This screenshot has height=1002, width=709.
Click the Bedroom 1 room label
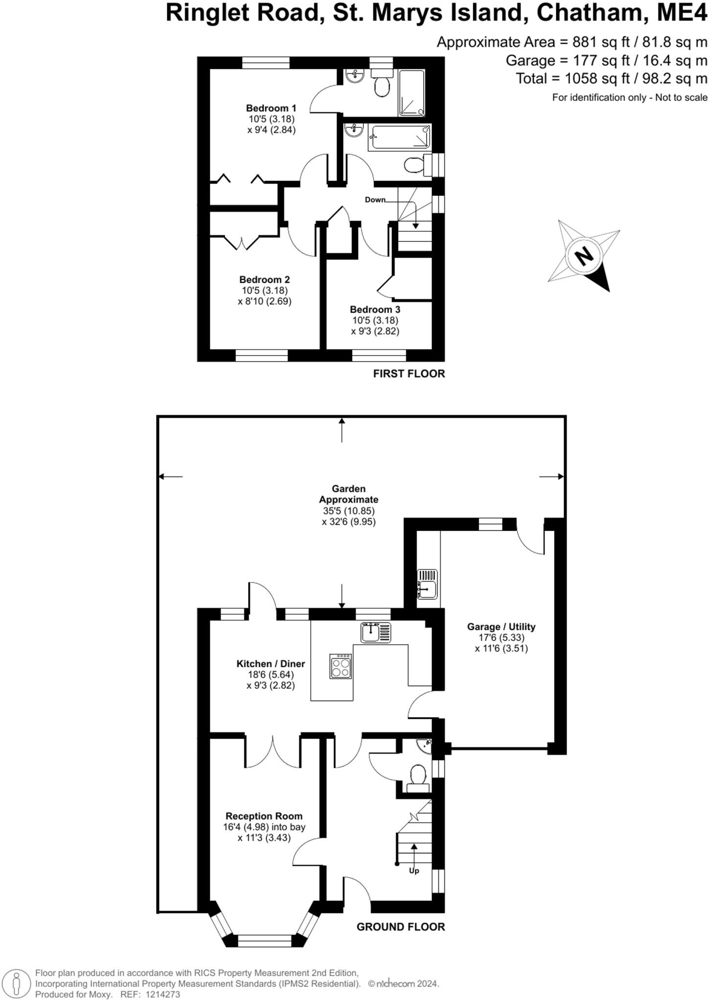pos(271,108)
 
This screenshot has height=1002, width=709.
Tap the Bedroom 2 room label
pos(264,280)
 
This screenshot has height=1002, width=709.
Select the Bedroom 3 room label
pos(375,310)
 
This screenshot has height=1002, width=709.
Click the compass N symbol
pos(583,256)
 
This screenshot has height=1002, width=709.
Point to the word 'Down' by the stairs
pos(375,200)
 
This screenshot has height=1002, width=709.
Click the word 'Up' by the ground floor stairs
pos(414,871)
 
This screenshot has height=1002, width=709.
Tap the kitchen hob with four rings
pos(341,666)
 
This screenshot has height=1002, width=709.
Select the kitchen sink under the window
pos(376,633)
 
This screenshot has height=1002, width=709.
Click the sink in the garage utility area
pos(427,584)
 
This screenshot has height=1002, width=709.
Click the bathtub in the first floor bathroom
pos(400,137)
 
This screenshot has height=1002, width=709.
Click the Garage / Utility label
pos(501,627)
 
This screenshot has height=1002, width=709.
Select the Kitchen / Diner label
pos(271,664)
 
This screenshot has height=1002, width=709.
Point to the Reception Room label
pos(264,816)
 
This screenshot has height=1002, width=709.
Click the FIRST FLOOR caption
pos(409,374)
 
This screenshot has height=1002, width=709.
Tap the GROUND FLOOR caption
pos(400,927)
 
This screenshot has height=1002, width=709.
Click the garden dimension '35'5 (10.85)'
pos(348,511)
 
